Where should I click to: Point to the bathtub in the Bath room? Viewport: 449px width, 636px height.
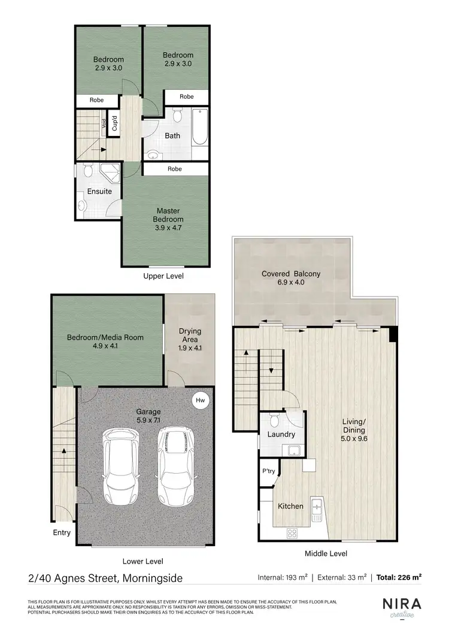199,127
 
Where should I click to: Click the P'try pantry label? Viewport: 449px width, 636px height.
268,471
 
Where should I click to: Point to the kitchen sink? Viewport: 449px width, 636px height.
317,508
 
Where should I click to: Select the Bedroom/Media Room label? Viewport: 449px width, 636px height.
105,341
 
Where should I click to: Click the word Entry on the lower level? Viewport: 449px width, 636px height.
62,532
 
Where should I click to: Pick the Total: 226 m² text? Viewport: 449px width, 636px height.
399,578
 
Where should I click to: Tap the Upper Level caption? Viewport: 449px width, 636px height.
163,276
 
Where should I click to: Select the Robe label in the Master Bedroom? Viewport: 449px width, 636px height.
175,169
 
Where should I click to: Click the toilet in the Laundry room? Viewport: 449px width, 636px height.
274,419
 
